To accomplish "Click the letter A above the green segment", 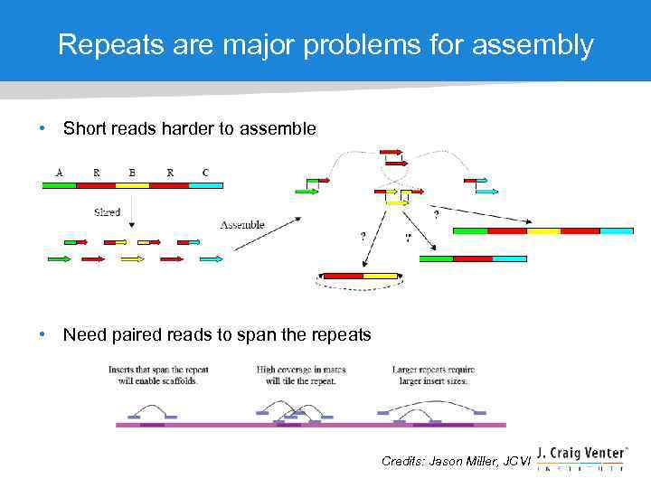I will pos(60,172).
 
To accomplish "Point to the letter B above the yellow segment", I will pos(132,172).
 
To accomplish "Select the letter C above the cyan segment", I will pos(205,172).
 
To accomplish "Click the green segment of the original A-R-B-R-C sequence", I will pos(60,185).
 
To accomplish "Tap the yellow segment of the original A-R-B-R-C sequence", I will pos(132,185).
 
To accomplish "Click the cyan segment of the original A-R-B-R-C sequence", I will pos(205,185).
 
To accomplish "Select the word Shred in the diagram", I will pos(107,212).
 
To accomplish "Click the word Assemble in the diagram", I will pos(242,224).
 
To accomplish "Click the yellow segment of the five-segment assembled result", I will pos(543,230).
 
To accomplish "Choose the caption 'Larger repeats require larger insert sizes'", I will pos(433,375).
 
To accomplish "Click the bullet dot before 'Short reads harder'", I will pos(42,129).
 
